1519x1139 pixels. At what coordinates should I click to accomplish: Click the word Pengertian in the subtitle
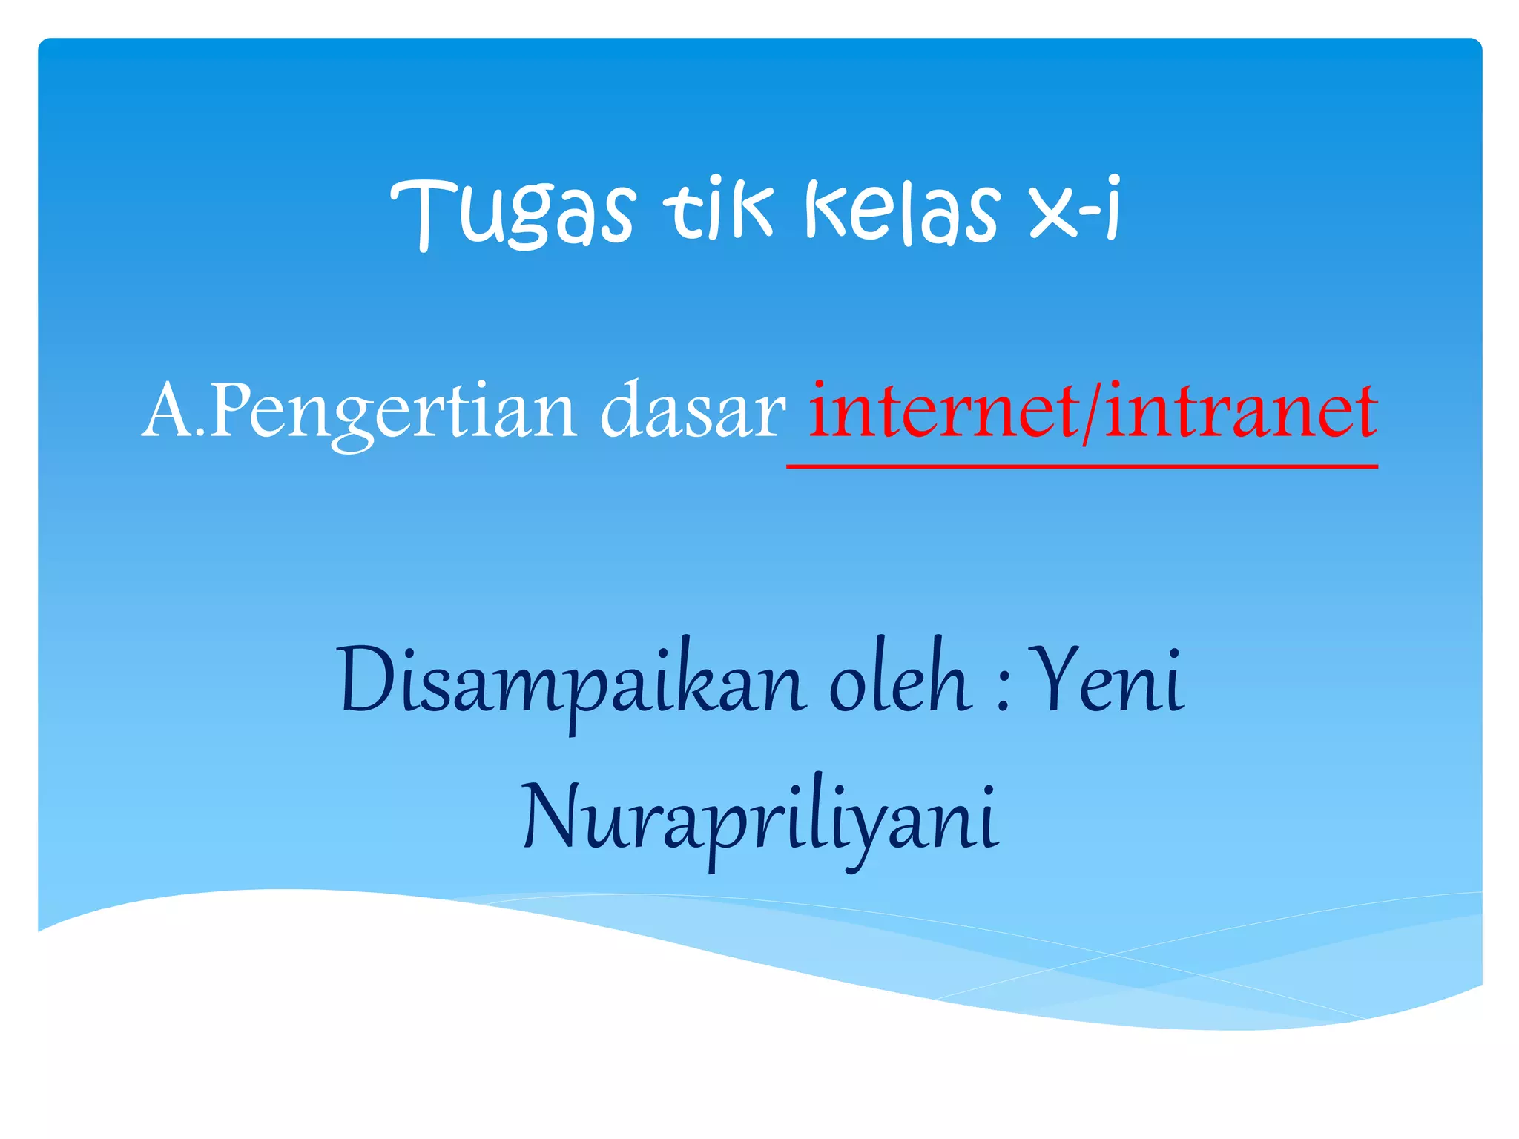(x=393, y=412)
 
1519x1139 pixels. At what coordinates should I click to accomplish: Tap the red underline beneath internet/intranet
(x=1082, y=466)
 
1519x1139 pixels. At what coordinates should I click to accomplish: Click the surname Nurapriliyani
(x=760, y=820)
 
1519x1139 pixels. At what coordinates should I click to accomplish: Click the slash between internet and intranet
(x=1089, y=412)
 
